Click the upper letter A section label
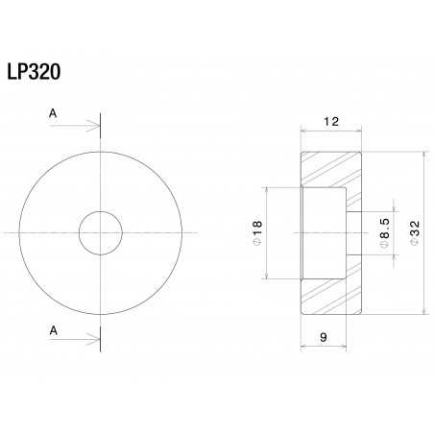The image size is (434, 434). [x=52, y=112]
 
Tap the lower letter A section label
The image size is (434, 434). [x=52, y=328]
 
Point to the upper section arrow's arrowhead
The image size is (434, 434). [x=96, y=125]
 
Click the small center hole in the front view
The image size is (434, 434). [x=101, y=234]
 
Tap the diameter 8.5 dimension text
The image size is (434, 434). [x=384, y=233]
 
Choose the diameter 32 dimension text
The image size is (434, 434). [x=415, y=233]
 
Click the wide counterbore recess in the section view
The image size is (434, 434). [x=323, y=233]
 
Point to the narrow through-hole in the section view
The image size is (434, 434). [x=353, y=233]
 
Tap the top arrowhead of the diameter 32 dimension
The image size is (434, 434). [x=422, y=155]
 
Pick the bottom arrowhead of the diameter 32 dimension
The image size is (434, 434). [x=422, y=312]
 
